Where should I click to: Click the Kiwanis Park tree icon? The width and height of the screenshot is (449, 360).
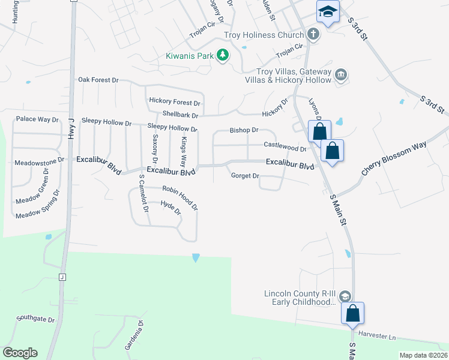click(x=223, y=56)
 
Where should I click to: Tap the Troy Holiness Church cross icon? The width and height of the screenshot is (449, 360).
click(x=313, y=34)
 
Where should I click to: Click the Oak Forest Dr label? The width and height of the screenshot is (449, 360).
click(x=99, y=79)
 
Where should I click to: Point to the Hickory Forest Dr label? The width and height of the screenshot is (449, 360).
click(x=174, y=103)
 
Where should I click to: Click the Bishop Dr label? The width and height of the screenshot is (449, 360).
click(x=244, y=130)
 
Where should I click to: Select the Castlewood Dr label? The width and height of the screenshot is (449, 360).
click(x=285, y=145)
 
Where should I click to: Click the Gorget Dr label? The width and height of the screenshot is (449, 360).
click(x=245, y=176)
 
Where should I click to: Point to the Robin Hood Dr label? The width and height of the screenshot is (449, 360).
click(x=180, y=196)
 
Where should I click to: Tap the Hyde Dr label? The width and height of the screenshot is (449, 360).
click(x=171, y=208)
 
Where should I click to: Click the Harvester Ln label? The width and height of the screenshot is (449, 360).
click(x=378, y=336)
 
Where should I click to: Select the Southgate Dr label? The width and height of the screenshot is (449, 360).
click(x=35, y=319)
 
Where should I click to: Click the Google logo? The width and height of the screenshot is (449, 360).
click(x=20, y=353)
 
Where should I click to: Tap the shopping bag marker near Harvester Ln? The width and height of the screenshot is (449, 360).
click(x=353, y=313)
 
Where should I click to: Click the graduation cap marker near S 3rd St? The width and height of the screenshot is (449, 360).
click(x=328, y=11)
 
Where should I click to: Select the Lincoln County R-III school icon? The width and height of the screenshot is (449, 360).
click(x=345, y=296)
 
